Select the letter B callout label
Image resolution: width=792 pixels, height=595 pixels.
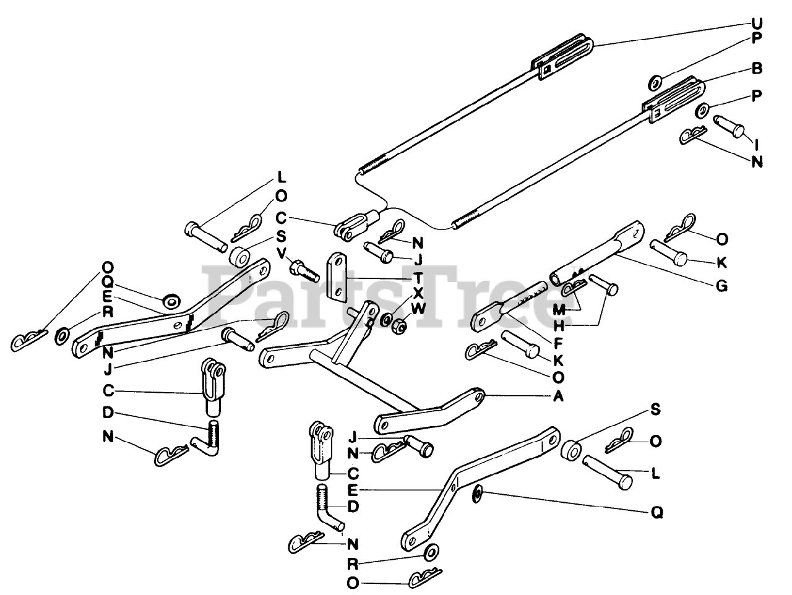756,70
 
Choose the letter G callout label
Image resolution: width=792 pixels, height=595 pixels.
721,286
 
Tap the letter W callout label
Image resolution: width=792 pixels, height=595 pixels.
419,308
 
